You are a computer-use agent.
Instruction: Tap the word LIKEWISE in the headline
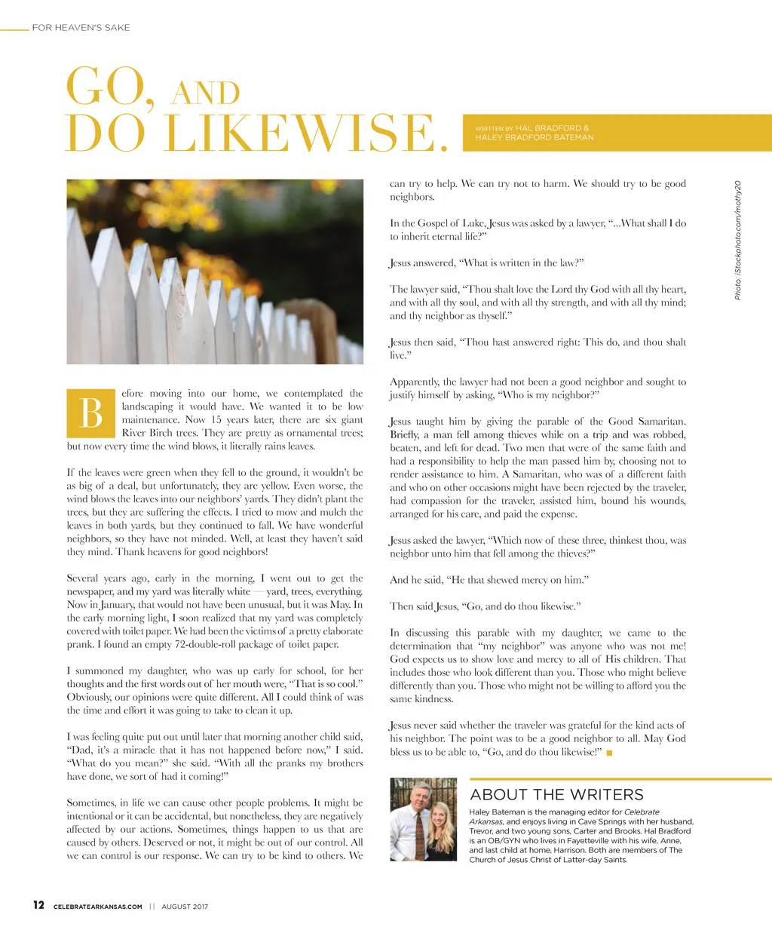305,134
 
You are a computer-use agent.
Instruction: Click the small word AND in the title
205,94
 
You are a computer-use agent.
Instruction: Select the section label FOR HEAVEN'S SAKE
81,28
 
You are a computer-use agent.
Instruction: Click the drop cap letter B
90,413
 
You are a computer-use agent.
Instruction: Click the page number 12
38,905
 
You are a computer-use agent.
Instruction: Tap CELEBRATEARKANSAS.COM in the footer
98,907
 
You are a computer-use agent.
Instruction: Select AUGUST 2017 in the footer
185,907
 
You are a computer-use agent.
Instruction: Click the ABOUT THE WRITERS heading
556,794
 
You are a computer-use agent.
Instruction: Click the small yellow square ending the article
609,753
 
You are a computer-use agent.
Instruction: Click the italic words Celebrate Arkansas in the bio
564,817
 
